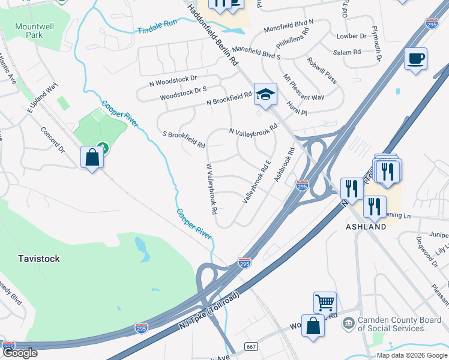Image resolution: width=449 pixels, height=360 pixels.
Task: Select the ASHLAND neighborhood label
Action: (366, 227)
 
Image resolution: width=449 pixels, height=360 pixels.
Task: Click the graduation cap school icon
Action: (265, 94)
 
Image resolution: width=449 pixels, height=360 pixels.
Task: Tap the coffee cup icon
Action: (415, 59)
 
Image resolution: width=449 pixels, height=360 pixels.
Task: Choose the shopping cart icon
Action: (325, 302)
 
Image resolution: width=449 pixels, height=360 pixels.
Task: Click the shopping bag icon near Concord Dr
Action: (92, 158)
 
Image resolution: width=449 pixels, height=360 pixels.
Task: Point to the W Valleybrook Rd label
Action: (211, 189)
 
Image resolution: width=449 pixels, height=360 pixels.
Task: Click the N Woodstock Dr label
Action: (176, 79)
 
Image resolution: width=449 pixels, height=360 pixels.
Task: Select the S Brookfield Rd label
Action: (184, 140)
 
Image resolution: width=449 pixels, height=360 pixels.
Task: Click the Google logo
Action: (20, 353)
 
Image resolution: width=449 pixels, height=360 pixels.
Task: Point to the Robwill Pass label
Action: (322, 70)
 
